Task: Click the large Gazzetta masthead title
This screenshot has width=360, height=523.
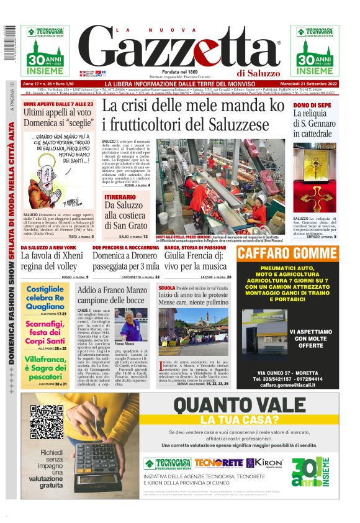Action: [x=179, y=50]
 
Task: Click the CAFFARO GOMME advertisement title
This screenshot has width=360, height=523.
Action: [x=286, y=253]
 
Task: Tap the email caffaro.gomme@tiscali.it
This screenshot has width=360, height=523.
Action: [x=286, y=385]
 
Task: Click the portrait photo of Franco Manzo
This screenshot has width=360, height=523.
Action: [x=132, y=324]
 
